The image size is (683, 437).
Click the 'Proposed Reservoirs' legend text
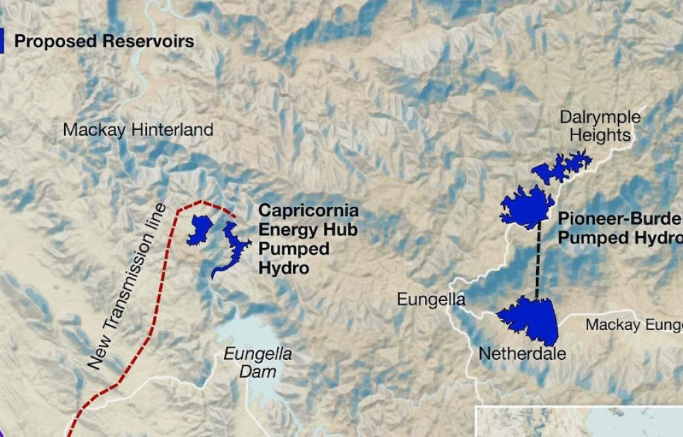coord(104,41)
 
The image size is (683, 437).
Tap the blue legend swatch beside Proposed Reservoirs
coord(2,41)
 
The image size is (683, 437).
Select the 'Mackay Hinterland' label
coord(138,129)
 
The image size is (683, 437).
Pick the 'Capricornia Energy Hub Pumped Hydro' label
coord(308,238)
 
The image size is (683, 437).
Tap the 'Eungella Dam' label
coord(258,363)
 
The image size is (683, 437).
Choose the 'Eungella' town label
coord(431,299)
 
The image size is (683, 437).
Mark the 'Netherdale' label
coord(522,354)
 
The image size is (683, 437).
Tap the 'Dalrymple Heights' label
coord(600,126)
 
